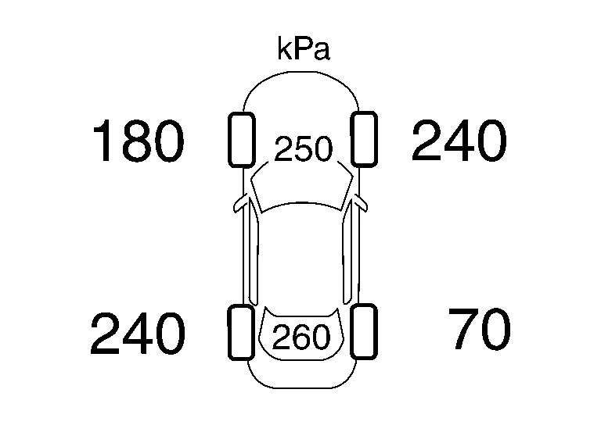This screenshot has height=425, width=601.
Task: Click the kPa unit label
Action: click(x=303, y=49)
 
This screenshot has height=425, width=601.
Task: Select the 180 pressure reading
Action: click(x=139, y=141)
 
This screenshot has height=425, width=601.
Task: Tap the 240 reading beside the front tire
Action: click(x=459, y=140)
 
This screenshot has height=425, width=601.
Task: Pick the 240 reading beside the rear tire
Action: click(x=138, y=333)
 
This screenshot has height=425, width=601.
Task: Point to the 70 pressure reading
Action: click(x=480, y=329)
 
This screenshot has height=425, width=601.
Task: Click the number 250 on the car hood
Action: click(x=303, y=148)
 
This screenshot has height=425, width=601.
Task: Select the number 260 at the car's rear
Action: click(x=300, y=337)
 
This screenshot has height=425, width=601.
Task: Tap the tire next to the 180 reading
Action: click(x=242, y=140)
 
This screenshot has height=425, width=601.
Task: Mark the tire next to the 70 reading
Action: click(x=364, y=332)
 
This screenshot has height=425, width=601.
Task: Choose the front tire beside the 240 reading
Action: click(x=364, y=139)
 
